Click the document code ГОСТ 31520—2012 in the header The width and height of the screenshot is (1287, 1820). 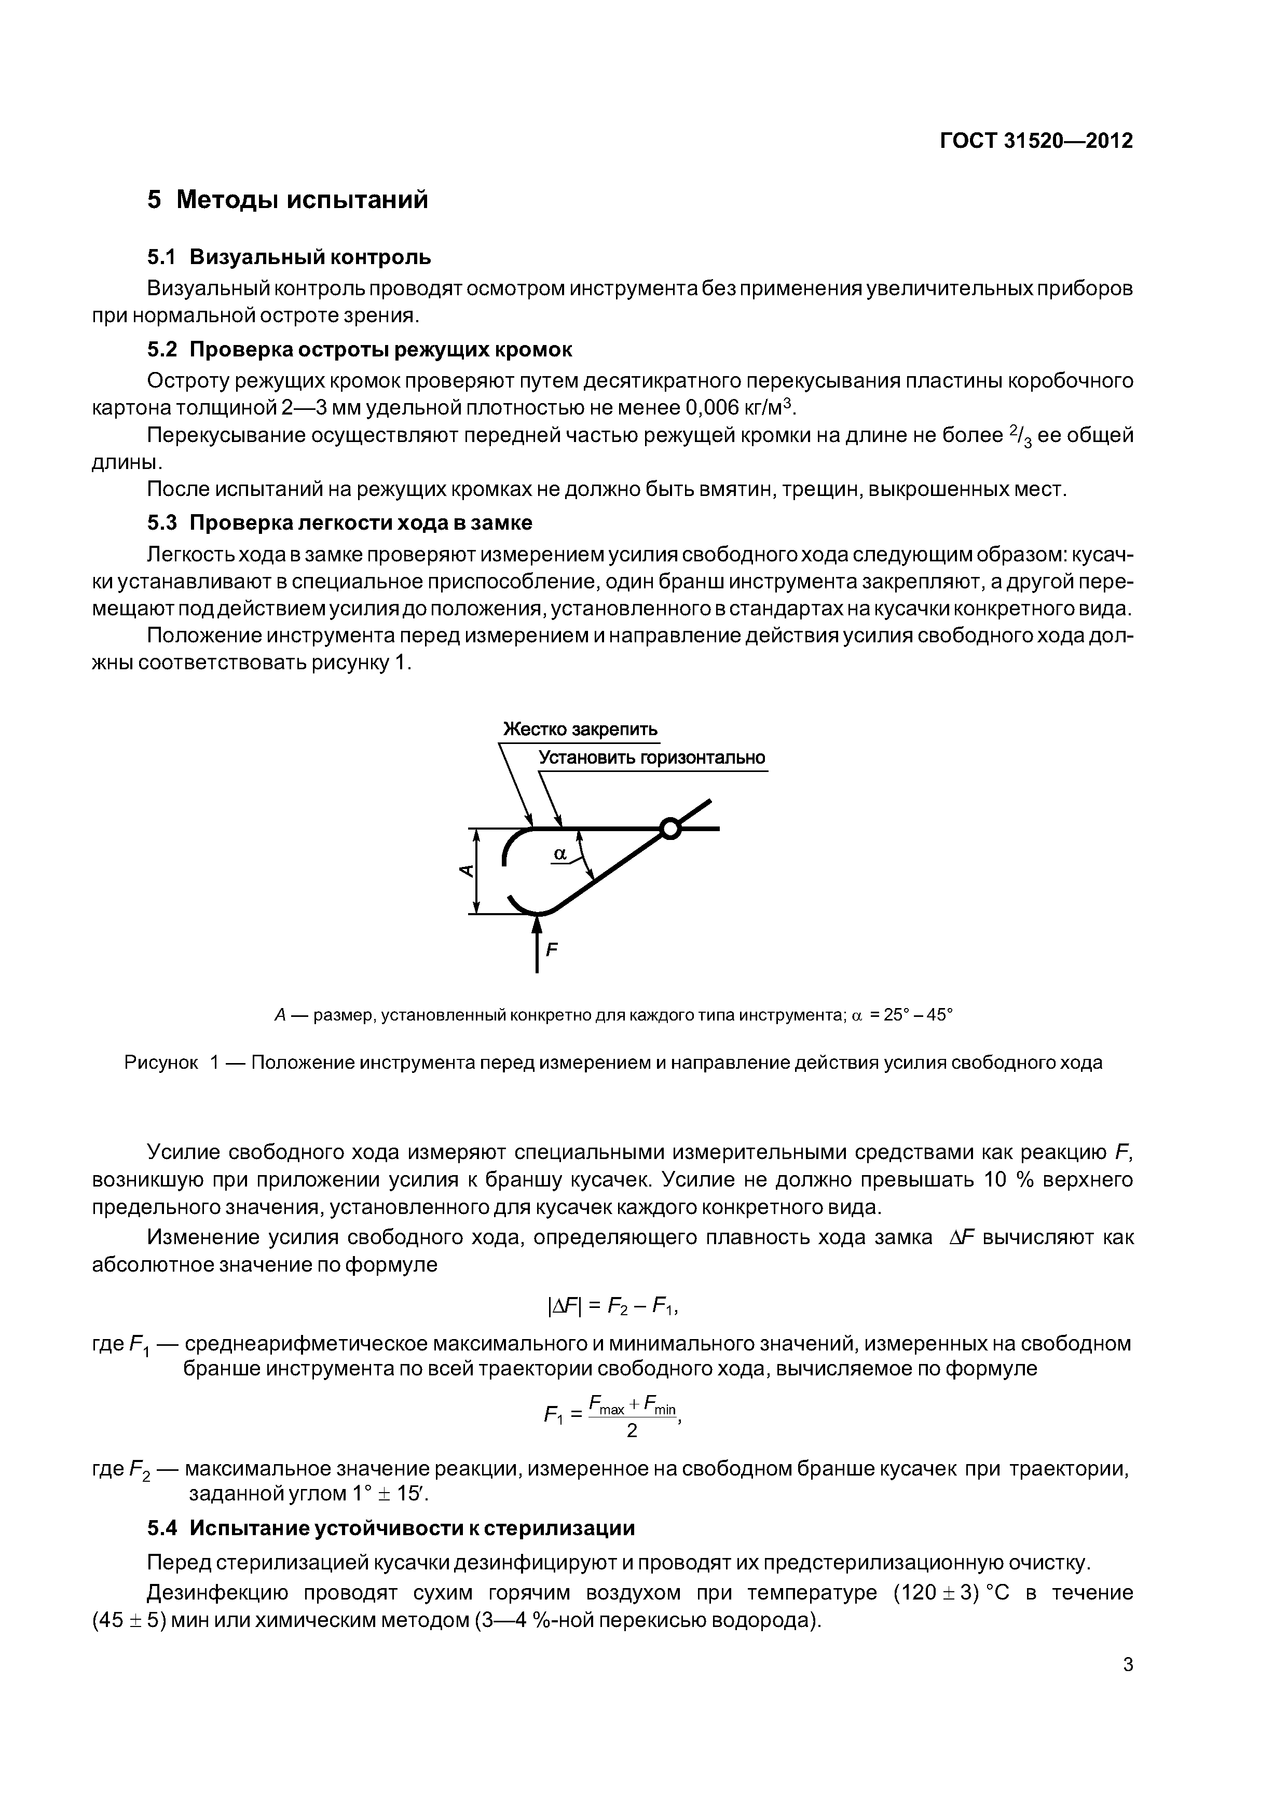click(1036, 141)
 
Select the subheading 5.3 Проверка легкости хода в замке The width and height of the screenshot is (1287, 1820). click(339, 522)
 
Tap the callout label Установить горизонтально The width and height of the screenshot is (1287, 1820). click(652, 758)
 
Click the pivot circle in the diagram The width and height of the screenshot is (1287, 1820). click(670, 829)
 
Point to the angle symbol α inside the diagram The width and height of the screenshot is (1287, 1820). click(560, 854)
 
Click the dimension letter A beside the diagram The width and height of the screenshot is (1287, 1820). click(466, 871)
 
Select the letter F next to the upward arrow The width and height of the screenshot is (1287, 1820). click(553, 948)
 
